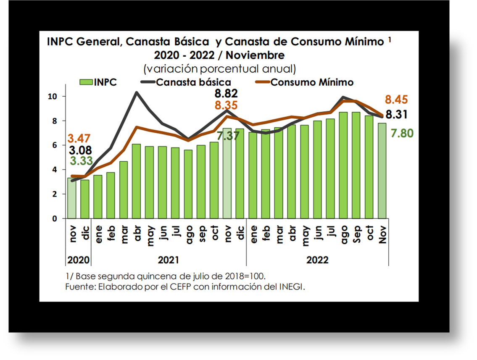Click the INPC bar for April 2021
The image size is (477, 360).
[x=137, y=181]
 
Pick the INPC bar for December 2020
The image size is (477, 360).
[x=85, y=199]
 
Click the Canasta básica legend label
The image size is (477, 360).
[x=193, y=82]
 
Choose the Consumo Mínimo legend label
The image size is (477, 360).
[x=312, y=82]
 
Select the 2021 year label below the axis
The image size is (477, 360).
[x=168, y=260]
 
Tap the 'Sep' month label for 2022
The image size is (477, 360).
[x=357, y=234]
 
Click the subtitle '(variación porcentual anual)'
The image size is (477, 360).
[x=220, y=68]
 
